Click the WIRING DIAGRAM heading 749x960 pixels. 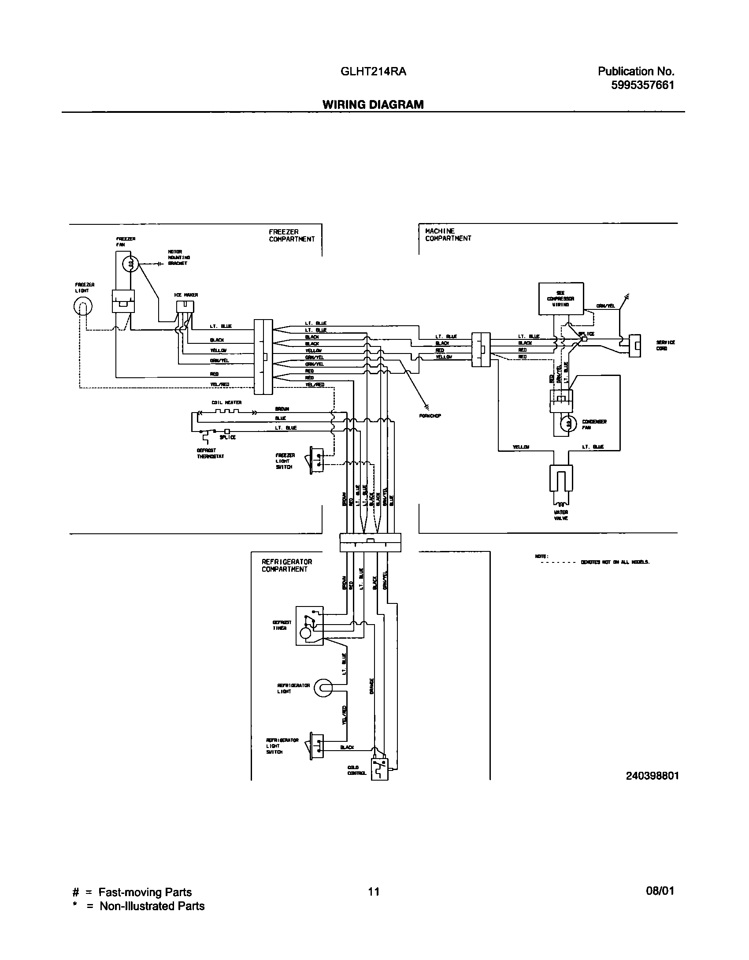click(373, 104)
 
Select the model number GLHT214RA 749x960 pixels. click(373, 71)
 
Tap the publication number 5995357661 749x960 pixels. click(642, 85)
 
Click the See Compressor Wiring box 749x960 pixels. click(561, 299)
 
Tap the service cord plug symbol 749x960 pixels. click(634, 346)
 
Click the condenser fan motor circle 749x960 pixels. click(568, 424)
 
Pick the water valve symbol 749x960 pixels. click(561, 479)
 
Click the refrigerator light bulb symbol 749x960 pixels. click(324, 688)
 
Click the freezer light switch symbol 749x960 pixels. click(316, 461)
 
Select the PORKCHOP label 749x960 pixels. click(430, 416)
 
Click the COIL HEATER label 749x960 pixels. click(226, 402)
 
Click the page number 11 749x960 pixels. click(373, 892)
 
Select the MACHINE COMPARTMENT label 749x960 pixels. click(448, 234)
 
